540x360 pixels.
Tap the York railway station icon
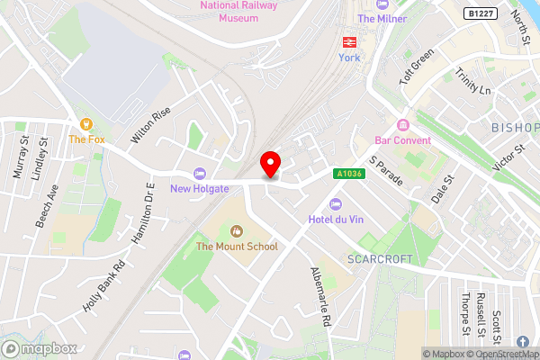(x=348, y=41)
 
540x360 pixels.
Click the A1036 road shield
(x=350, y=174)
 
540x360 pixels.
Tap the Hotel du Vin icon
(x=337, y=202)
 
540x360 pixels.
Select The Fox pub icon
(x=87, y=124)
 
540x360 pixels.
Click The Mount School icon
(x=238, y=231)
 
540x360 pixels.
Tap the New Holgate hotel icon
(x=200, y=174)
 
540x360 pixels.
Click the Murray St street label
(x=21, y=157)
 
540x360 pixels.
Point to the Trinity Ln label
(x=473, y=85)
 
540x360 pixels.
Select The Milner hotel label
(x=382, y=19)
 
